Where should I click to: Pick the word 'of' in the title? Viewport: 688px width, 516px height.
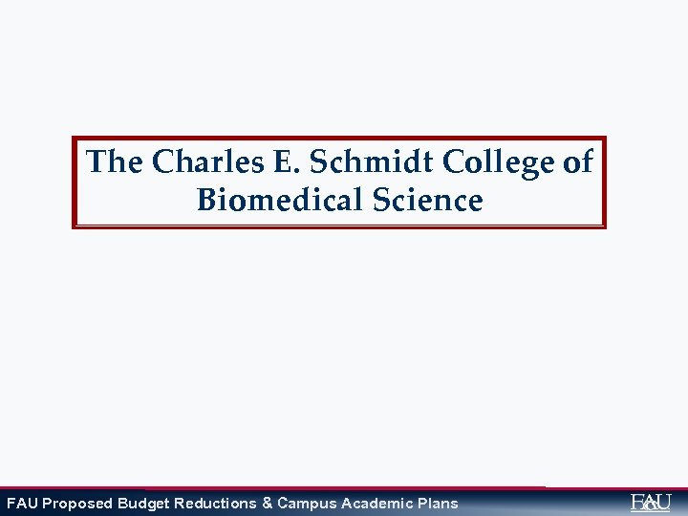[x=577, y=161]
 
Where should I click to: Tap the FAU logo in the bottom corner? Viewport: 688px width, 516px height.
[x=651, y=502]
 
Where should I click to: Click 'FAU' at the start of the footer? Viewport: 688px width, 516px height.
[x=22, y=504]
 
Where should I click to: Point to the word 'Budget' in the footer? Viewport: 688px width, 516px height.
[x=143, y=504]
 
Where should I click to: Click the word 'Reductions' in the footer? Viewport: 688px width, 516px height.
[x=215, y=504]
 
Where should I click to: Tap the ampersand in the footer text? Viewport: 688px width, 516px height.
[x=267, y=504]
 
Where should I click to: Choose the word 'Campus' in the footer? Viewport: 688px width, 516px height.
[x=304, y=504]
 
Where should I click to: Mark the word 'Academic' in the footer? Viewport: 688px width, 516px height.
[x=372, y=504]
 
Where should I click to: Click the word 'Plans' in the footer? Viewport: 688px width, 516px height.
[x=437, y=504]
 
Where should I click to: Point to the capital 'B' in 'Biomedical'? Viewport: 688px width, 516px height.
[x=207, y=201]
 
